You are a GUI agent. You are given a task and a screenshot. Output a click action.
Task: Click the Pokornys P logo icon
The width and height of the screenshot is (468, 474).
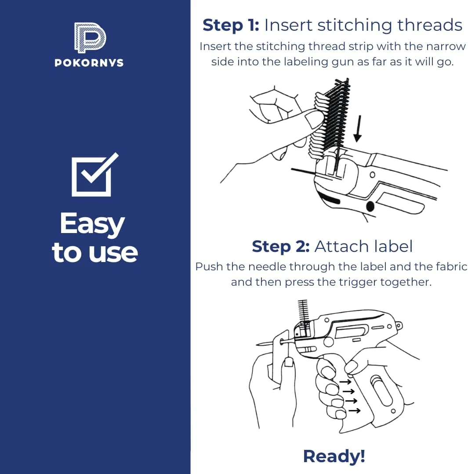pyautogui.click(x=90, y=38)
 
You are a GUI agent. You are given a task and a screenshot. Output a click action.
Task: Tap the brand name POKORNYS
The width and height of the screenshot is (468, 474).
pyautogui.click(x=89, y=63)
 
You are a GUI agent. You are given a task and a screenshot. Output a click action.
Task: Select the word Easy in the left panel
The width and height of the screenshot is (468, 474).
pyautogui.click(x=92, y=224)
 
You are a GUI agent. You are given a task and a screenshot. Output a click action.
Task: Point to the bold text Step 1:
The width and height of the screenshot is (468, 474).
pyautogui.click(x=231, y=25)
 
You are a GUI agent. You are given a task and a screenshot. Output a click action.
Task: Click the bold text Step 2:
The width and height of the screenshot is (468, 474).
pyautogui.click(x=281, y=246)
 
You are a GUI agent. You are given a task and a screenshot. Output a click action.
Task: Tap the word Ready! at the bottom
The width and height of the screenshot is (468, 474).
pyautogui.click(x=334, y=456)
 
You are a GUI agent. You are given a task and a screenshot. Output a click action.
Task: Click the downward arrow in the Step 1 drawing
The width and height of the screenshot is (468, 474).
pyautogui.click(x=359, y=129)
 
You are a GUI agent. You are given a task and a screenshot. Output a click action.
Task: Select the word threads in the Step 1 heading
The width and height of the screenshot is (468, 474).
pyautogui.click(x=430, y=25)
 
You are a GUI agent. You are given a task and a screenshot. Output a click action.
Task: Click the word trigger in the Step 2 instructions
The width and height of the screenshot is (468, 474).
pyautogui.click(x=358, y=282)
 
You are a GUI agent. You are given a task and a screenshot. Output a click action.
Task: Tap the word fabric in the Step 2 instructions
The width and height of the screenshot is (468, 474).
pyautogui.click(x=451, y=267)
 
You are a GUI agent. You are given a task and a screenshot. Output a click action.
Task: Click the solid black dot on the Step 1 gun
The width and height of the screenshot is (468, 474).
pyautogui.click(x=370, y=207)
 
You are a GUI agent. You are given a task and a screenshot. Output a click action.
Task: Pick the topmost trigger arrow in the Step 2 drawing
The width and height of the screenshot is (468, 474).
pyautogui.click(x=345, y=382)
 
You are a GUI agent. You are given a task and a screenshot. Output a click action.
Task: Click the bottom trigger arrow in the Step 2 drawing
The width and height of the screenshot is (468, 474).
pyautogui.click(x=355, y=410)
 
